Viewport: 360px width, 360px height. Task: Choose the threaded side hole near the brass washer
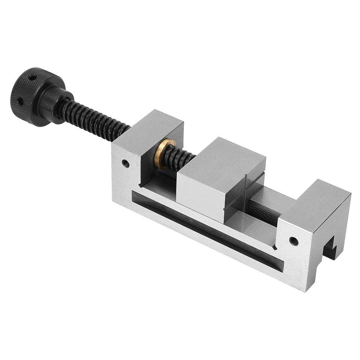click(125, 162)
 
